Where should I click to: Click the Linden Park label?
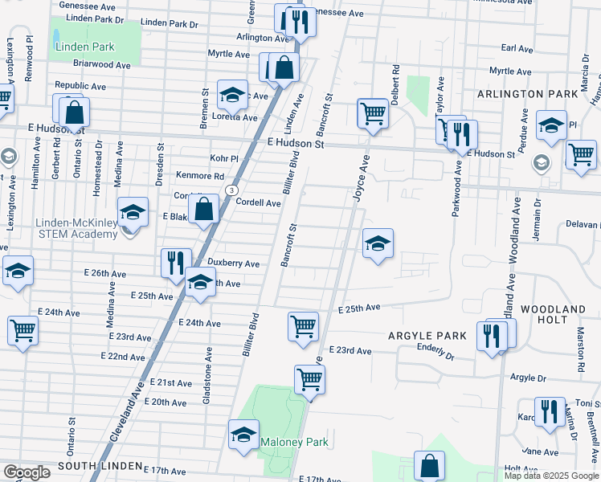pyautogui.click(x=84, y=47)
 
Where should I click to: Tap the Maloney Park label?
pyautogui.click(x=293, y=442)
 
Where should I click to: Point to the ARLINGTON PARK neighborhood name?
pyautogui.click(x=527, y=94)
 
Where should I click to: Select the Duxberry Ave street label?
pyautogui.click(x=233, y=263)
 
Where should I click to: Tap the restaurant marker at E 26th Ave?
pyautogui.click(x=176, y=262)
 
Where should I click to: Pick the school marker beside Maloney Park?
pyautogui.click(x=243, y=435)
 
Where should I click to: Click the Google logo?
pyautogui.click(x=27, y=472)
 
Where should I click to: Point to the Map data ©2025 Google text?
pyautogui.click(x=551, y=476)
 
